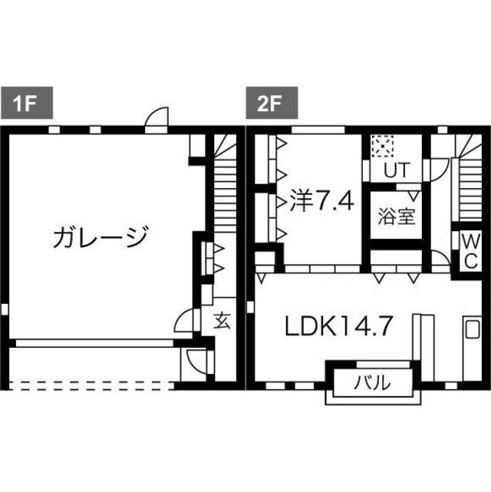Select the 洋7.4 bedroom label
tap(321, 202)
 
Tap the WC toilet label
tap(469, 250)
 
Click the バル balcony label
tap(373, 381)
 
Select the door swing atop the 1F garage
tap(157, 117)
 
